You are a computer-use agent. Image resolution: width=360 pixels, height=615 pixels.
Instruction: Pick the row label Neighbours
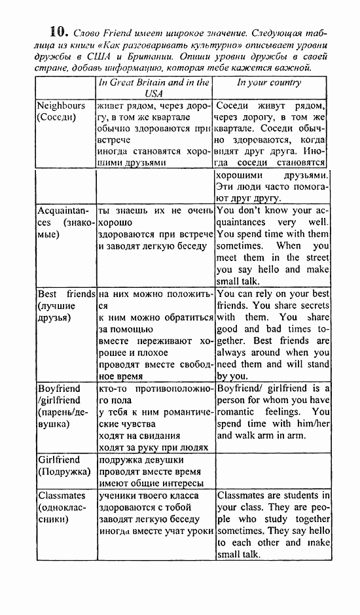(61, 105)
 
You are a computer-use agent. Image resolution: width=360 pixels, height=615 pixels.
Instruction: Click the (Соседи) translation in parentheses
(56, 117)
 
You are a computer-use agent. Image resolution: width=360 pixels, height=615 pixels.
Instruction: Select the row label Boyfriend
(59, 388)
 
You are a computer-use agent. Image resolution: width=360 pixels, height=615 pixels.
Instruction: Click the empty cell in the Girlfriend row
(273, 471)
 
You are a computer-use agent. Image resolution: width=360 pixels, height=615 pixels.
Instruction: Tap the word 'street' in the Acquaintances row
(316, 258)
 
